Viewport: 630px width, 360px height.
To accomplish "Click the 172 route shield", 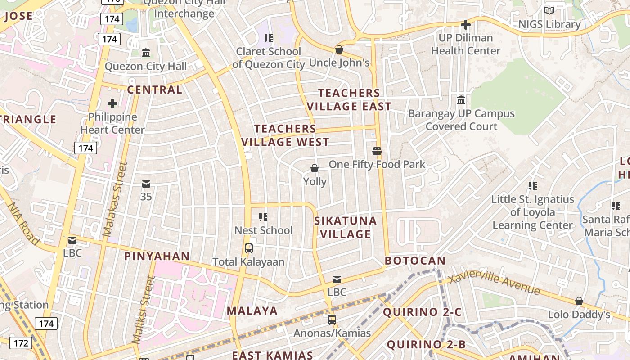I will coord(21,343).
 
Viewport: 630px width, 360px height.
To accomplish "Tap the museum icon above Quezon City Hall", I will coord(146,53).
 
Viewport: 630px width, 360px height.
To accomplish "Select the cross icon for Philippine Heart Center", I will coord(112,104).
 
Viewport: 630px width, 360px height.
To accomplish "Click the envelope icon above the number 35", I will coord(146,184).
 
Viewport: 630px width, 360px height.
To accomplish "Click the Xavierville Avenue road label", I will coord(495,283).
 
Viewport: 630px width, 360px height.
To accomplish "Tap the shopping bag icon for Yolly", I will coord(315,168).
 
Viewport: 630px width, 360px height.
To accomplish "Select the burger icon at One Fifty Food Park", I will coord(377,151).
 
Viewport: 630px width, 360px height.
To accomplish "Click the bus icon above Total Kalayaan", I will coord(248,248).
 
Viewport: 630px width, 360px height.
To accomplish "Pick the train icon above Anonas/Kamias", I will coord(332,320).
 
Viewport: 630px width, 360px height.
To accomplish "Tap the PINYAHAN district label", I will coord(157,256).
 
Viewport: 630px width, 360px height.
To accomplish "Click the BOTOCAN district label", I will coord(415,261).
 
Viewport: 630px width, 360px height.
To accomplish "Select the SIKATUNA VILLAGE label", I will coord(345,227).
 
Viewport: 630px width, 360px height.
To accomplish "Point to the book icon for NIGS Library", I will coord(549,10).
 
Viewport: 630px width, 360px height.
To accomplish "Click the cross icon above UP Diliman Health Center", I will coord(466,24).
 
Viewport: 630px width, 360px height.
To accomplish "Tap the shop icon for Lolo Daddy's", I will coord(579,301).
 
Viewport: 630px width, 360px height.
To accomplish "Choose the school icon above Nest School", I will coord(263,217).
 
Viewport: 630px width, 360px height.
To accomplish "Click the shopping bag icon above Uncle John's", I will coord(339,49).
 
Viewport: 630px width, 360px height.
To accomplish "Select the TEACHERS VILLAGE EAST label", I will coord(349,100).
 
